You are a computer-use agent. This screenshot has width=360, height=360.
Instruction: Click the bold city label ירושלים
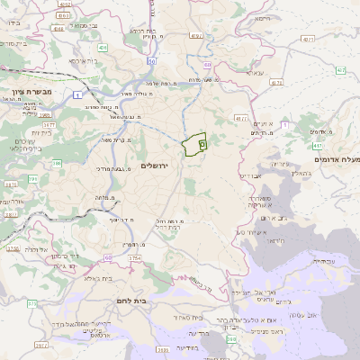click(155, 166)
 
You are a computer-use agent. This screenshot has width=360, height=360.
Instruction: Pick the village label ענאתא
click(255, 73)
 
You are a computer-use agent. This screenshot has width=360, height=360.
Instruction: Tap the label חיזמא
click(262, 18)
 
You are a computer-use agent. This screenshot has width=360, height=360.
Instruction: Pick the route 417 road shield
click(318, 144)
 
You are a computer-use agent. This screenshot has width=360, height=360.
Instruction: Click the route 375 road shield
click(31, 304)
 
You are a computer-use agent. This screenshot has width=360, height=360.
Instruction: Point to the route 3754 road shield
click(134, 258)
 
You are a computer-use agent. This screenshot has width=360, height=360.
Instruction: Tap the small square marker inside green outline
click(202, 142)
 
